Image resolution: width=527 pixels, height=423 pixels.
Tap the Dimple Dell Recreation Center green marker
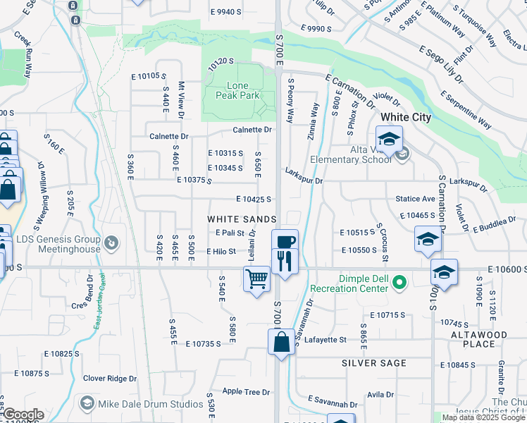pyautogui.click(x=399, y=283)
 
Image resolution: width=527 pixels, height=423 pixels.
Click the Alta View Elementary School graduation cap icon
pyautogui.click(x=388, y=139)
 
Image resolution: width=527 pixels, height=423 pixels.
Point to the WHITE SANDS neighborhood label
pyautogui.click(x=242, y=219)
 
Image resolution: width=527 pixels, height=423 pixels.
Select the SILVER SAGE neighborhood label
pyautogui.click(x=374, y=363)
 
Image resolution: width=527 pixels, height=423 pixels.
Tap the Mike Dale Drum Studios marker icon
pyautogui.click(x=87, y=403)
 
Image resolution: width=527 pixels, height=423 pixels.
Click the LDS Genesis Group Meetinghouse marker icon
pyautogui.click(x=111, y=245)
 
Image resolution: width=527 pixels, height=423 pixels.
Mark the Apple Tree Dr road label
pyautogui.click(x=246, y=391)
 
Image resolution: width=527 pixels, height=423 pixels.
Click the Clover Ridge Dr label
pyautogui.click(x=110, y=379)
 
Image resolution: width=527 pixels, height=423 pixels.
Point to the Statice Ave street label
pyautogui.click(x=415, y=200)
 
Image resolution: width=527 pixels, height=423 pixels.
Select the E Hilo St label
pyautogui.click(x=221, y=252)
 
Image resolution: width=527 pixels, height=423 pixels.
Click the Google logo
pyautogui.click(x=23, y=415)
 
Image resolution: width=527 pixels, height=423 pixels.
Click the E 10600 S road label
pyautogui.click(x=506, y=270)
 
